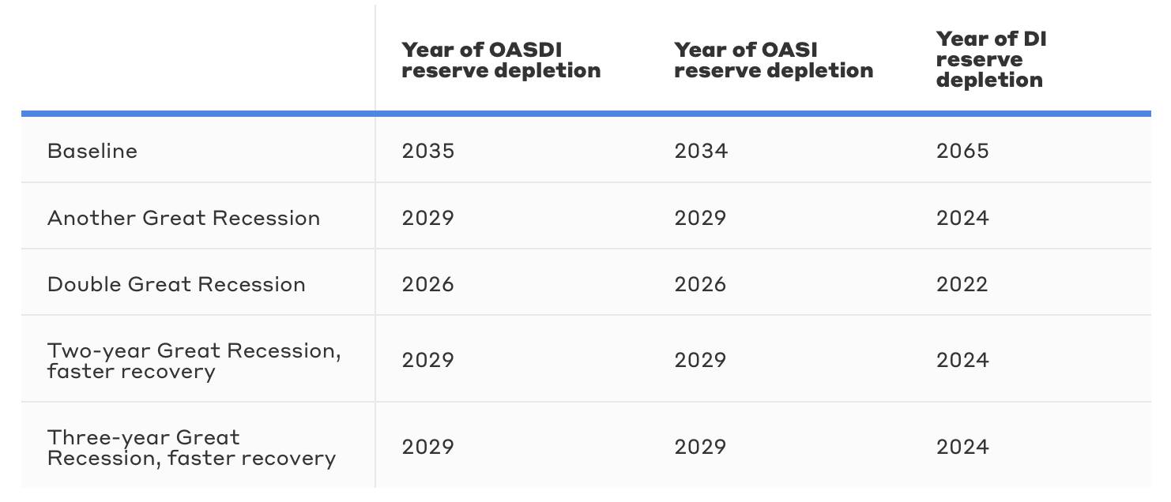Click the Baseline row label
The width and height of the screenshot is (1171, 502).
tap(92, 151)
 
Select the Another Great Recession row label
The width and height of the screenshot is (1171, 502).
tap(183, 218)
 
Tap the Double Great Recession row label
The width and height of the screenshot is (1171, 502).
tap(176, 284)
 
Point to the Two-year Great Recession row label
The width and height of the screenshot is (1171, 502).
tap(194, 361)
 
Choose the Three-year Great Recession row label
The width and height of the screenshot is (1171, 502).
tap(191, 448)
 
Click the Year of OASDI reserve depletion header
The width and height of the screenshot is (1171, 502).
tap(501, 60)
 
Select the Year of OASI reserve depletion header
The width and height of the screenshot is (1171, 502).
tap(774, 60)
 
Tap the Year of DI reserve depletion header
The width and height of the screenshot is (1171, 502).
tap(991, 59)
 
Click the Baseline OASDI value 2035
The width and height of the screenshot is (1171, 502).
tap(428, 151)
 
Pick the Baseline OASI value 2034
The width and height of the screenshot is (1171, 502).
tap(701, 151)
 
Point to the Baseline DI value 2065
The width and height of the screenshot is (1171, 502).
tap(962, 151)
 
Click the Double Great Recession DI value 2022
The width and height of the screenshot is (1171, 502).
tap(962, 284)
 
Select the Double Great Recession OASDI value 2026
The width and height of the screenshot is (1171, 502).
tap(428, 284)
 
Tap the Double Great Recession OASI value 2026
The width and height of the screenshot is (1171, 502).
tap(701, 284)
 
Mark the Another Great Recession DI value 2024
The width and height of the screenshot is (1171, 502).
tap(962, 218)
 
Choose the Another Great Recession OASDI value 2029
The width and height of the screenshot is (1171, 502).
tap(428, 218)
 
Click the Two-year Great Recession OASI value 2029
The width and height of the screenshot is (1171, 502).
tap(701, 360)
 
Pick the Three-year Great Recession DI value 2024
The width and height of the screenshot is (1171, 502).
tap(962, 447)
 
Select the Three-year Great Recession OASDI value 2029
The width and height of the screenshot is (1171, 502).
tap(428, 447)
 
